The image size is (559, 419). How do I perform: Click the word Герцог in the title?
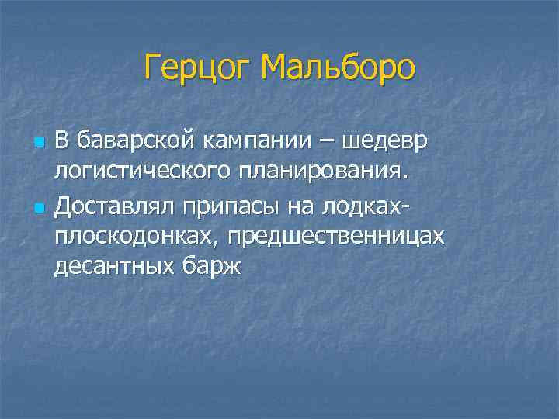pos(198,69)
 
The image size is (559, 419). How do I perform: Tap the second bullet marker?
pos(37,208)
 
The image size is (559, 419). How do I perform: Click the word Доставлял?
pos(115,206)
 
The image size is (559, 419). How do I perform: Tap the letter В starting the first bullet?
pos(62,143)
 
